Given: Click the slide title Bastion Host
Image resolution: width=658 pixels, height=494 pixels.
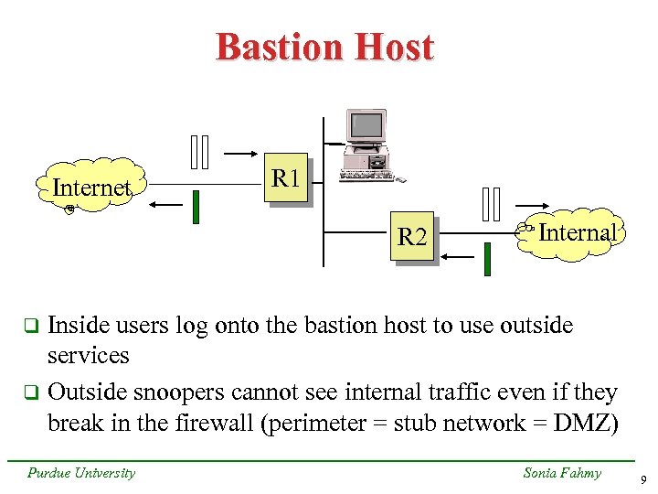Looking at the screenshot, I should [324, 48].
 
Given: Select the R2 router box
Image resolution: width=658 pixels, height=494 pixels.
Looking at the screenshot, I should [411, 238].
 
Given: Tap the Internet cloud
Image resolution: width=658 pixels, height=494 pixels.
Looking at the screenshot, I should [91, 188].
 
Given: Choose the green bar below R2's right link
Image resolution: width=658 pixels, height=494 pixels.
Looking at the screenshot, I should [487, 260].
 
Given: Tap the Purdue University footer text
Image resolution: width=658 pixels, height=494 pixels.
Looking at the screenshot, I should [81, 473].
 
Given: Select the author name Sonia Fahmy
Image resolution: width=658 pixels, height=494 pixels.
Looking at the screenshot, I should [561, 473].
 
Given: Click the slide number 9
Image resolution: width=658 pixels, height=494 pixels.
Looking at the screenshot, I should [642, 479].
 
